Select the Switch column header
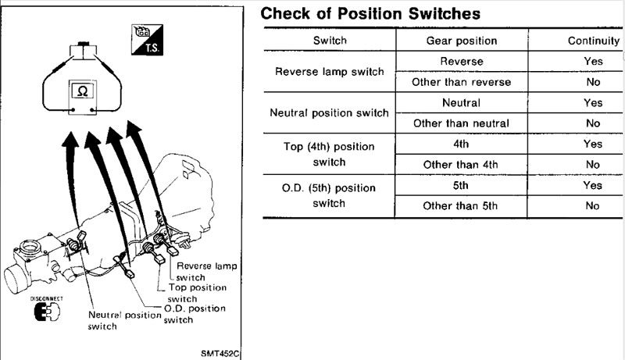coord(330,41)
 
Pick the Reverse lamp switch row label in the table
coord(330,71)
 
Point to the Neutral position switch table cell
coord(329,112)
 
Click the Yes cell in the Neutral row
coord(592,102)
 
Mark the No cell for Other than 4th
coord(592,165)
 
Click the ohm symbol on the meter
coord(82,91)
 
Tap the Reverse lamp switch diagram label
coord(208,272)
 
